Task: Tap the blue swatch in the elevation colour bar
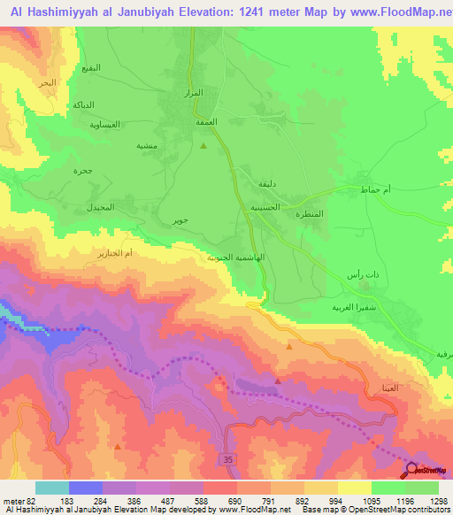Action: tap(86, 488)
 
